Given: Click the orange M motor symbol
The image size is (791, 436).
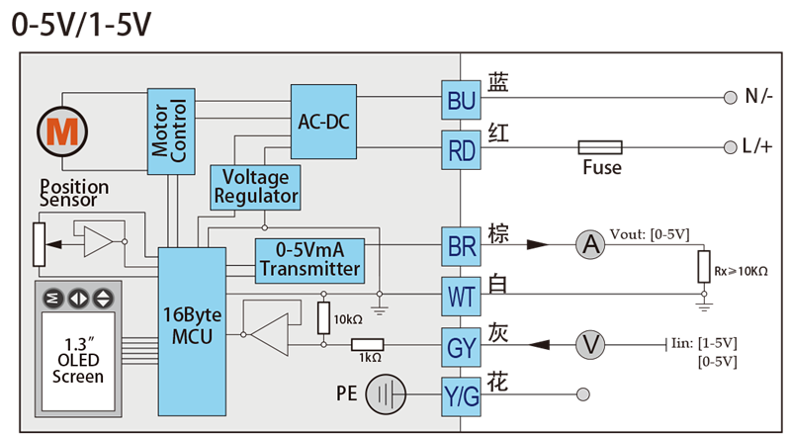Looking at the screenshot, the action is coord(62,131).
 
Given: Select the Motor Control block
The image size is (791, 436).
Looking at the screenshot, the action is coord(171,131).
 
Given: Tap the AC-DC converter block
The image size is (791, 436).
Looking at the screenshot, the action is coord(323,122).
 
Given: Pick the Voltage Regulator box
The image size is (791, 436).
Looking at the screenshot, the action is coord(255,187).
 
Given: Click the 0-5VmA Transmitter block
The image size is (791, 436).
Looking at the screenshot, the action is coord(309,261).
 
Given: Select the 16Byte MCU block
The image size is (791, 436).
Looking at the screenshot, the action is coord(192,331).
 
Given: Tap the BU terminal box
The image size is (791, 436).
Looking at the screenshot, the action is coord(461,100).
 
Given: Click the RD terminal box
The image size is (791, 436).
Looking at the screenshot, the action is coord(461,150).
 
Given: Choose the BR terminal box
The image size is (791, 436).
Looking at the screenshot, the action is coord(461,246).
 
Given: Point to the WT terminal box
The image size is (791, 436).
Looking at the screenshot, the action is coord(461,297).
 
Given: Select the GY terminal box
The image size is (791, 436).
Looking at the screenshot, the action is coord(461,347).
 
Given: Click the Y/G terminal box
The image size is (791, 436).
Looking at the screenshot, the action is coord(461,396).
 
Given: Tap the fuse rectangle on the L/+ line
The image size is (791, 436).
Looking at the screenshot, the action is coord(600,147).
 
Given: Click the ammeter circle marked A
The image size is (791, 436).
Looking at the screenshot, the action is coord(590,245).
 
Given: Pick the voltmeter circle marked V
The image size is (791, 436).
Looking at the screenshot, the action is coord(590,345).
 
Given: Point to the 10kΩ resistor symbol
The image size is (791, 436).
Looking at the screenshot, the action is coord(324,318).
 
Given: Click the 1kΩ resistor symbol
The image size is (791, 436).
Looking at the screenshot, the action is coord(367,345).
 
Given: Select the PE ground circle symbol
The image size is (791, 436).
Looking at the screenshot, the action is coord(386,394).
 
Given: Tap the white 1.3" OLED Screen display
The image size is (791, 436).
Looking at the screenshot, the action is coord(78,361).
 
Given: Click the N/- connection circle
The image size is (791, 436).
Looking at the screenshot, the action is coord(730,98).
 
